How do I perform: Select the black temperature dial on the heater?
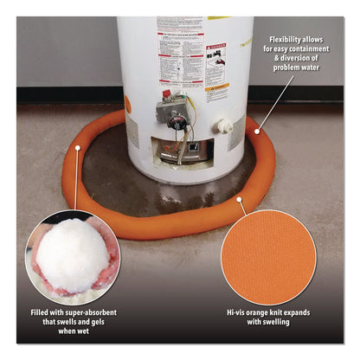pyautogui.click(x=178, y=123)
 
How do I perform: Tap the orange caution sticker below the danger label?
pyautogui.click(x=217, y=87)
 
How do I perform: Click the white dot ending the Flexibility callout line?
pyautogui.click(x=256, y=132)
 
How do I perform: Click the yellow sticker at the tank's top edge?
pyautogui.click(x=220, y=19)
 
